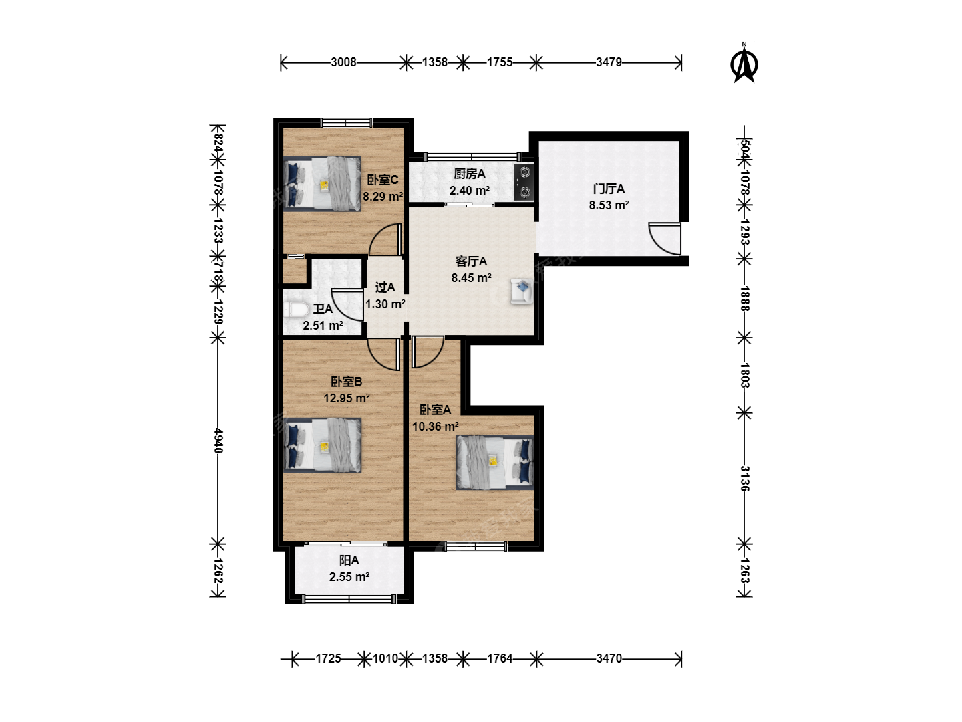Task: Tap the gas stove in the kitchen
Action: pyautogui.click(x=524, y=182)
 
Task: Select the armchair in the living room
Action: pyautogui.click(x=522, y=290)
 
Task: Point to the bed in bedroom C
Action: pyautogui.click(x=322, y=184)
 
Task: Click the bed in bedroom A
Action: pyautogui.click(x=495, y=462)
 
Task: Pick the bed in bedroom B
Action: pyautogui.click(x=322, y=445)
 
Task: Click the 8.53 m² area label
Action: pyautogui.click(x=609, y=205)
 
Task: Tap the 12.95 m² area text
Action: pyautogui.click(x=346, y=398)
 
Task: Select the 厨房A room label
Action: pyautogui.click(x=470, y=174)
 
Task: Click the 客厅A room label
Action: pyautogui.click(x=471, y=261)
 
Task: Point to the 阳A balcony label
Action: pyautogui.click(x=349, y=560)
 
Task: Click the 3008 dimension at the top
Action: pyautogui.click(x=343, y=62)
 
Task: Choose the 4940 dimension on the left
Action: pyautogui.click(x=218, y=441)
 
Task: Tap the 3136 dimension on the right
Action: pyautogui.click(x=744, y=479)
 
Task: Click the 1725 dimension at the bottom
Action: pyautogui.click(x=328, y=658)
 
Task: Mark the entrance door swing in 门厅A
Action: pyautogui.click(x=665, y=239)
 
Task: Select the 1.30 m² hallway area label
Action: pyautogui.click(x=385, y=304)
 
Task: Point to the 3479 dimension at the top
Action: pyautogui.click(x=609, y=62)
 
